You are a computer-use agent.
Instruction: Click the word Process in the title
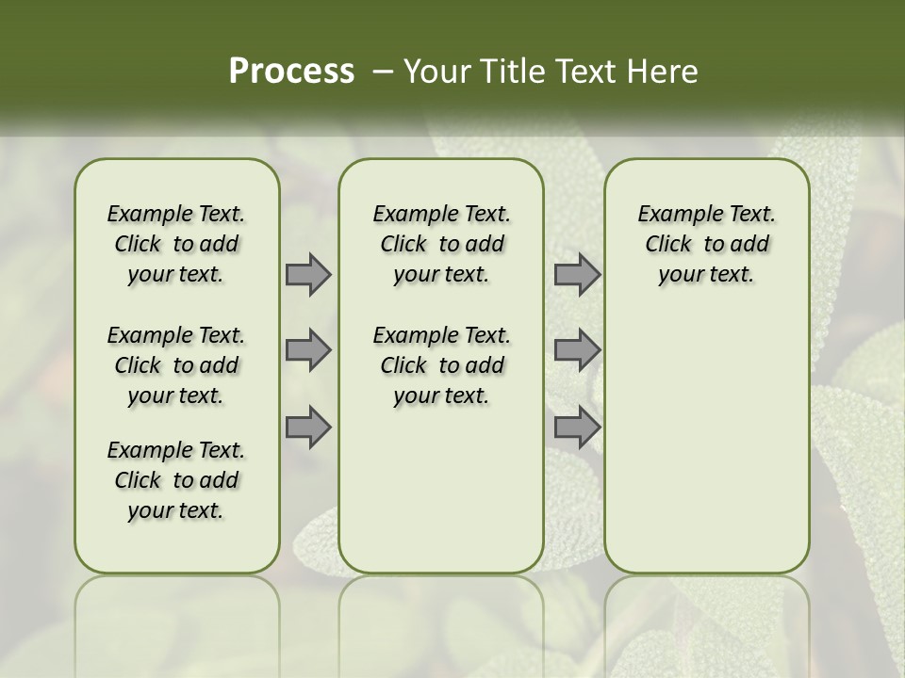pyautogui.click(x=291, y=72)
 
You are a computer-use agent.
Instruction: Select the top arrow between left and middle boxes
pyautogui.click(x=307, y=274)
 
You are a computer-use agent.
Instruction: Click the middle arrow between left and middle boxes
pyautogui.click(x=307, y=350)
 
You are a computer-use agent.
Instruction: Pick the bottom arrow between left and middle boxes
pyautogui.click(x=307, y=428)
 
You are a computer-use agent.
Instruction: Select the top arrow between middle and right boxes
pyautogui.click(x=577, y=274)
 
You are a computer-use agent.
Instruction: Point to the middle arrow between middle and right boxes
pyautogui.click(x=577, y=350)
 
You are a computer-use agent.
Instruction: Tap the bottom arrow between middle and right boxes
pyautogui.click(x=577, y=428)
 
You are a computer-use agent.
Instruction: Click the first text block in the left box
pyautogui.click(x=176, y=244)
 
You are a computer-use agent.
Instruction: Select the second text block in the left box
pyautogui.click(x=176, y=365)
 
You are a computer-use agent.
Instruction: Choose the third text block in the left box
pyautogui.click(x=176, y=480)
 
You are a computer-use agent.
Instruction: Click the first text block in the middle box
pyautogui.click(x=441, y=244)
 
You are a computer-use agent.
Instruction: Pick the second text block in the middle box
pyautogui.click(x=441, y=365)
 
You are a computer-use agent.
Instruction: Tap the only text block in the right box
pyautogui.click(x=706, y=244)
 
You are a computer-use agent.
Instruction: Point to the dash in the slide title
pyautogui.click(x=382, y=72)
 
